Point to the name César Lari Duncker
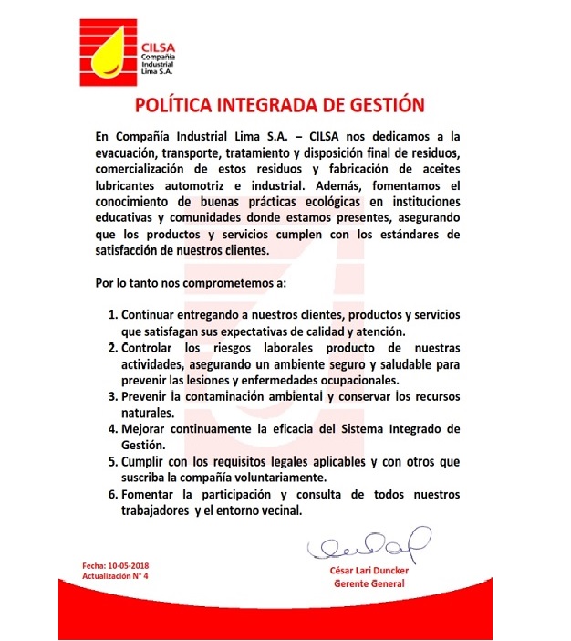369,571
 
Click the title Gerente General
369,583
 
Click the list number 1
113,315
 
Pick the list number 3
113,396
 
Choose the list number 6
113,494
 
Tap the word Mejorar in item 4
146,428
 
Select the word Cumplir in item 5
146,461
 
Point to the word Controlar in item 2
152,348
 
